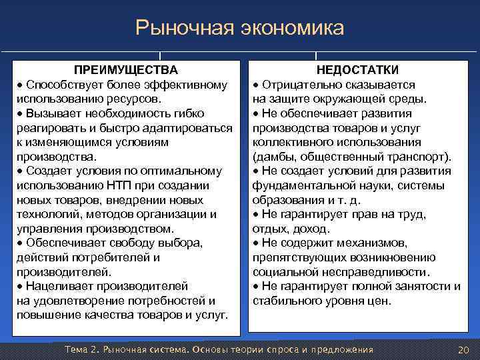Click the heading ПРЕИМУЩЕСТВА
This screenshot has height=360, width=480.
point(125,70)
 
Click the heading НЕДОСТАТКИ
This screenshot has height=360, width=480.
point(357,70)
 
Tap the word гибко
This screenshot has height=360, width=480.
point(189,113)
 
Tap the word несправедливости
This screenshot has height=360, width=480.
point(384,272)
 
